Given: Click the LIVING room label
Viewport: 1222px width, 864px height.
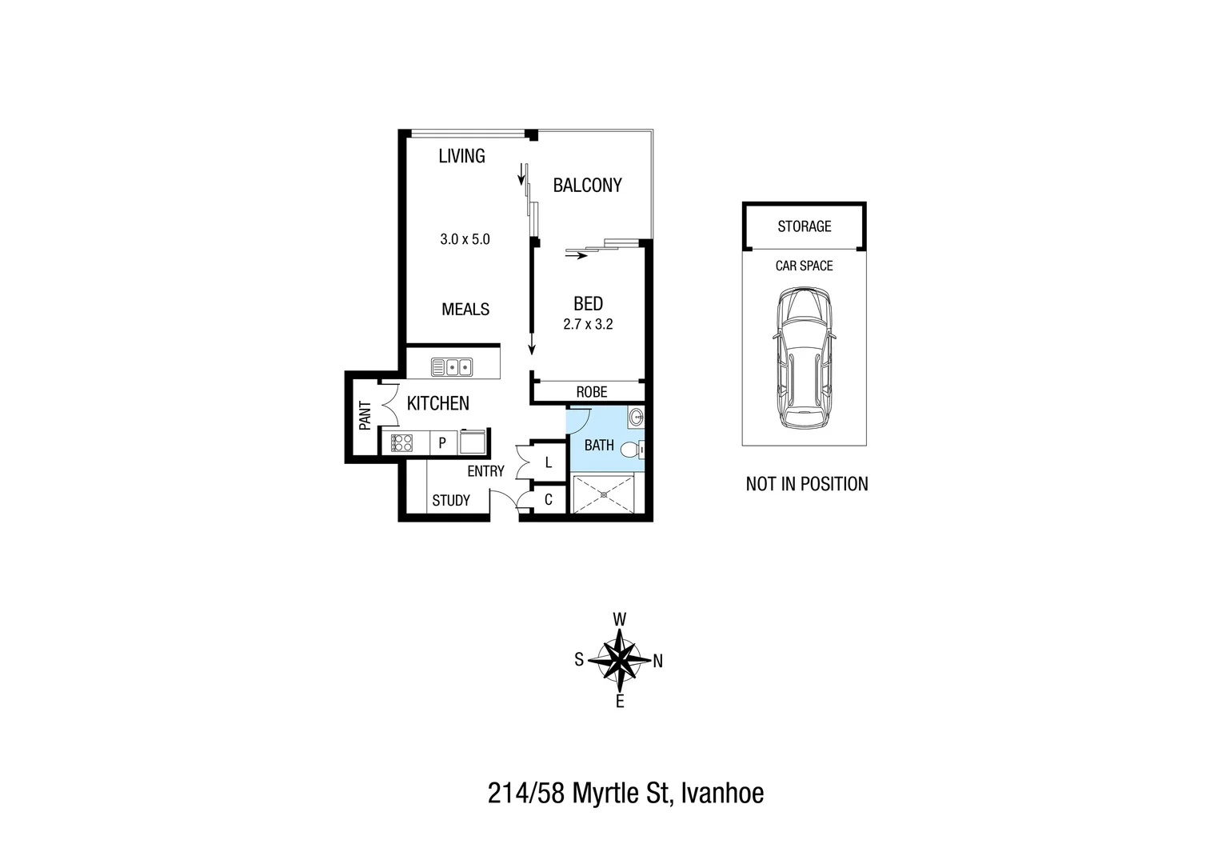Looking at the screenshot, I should click(x=461, y=156).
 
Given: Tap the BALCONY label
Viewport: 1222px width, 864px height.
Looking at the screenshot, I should click(x=587, y=186).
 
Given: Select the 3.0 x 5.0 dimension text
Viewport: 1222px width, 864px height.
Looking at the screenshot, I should click(x=465, y=238).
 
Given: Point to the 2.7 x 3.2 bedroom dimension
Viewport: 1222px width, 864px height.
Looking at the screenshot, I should click(x=588, y=325).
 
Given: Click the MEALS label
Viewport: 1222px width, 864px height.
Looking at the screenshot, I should click(x=465, y=310).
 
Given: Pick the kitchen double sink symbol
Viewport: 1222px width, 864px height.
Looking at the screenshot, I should click(x=452, y=367).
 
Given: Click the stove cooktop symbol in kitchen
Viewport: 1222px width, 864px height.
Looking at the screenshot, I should click(x=401, y=442).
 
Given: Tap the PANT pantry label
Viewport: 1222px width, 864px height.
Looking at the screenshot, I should click(x=365, y=416).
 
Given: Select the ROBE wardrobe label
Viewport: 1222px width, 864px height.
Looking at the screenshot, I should click(x=592, y=392).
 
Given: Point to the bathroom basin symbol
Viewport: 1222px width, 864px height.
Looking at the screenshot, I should click(x=636, y=417).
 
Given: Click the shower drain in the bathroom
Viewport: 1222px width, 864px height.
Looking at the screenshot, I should click(x=604, y=494).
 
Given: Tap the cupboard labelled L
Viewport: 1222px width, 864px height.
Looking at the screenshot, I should click(x=548, y=462).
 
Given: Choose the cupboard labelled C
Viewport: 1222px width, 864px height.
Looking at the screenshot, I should click(x=548, y=501).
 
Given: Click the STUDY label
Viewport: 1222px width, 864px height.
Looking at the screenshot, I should click(x=451, y=501).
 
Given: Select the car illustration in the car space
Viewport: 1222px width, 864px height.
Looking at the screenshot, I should click(x=804, y=360).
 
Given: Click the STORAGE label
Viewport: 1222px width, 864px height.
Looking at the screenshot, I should click(x=805, y=226).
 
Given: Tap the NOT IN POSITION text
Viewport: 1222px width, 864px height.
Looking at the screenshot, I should click(x=807, y=484).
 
